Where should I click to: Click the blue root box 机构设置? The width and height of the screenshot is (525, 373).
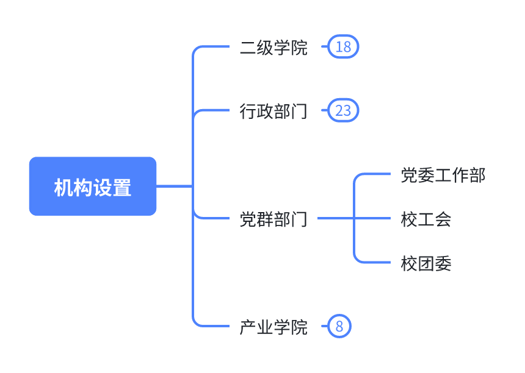(x=93, y=187)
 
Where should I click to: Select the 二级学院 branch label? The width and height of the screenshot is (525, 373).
(x=273, y=48)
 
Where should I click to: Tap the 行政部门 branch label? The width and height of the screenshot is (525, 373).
(x=273, y=111)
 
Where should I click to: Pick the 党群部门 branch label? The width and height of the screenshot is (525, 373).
(x=273, y=218)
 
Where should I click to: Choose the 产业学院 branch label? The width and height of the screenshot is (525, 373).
(x=273, y=327)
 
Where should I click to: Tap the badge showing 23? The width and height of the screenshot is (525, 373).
(x=343, y=111)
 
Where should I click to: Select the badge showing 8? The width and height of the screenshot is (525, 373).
(x=339, y=327)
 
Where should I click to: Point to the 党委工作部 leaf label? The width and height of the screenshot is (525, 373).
(x=443, y=176)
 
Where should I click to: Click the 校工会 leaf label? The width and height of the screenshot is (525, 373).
(x=426, y=219)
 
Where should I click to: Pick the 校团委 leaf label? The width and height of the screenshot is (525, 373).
(x=426, y=263)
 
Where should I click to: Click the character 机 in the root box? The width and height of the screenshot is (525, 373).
(x=63, y=187)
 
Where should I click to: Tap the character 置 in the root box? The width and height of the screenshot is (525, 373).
(x=122, y=187)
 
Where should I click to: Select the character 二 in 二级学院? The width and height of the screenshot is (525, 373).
(x=248, y=48)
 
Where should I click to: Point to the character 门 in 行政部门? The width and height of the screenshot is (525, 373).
(x=299, y=111)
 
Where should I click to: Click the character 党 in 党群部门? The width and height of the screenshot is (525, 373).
(x=248, y=218)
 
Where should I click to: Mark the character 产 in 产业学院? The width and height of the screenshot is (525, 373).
(x=248, y=327)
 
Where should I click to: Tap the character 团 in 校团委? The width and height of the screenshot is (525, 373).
(x=426, y=263)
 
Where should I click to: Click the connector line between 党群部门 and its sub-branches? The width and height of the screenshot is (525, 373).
(x=335, y=218)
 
